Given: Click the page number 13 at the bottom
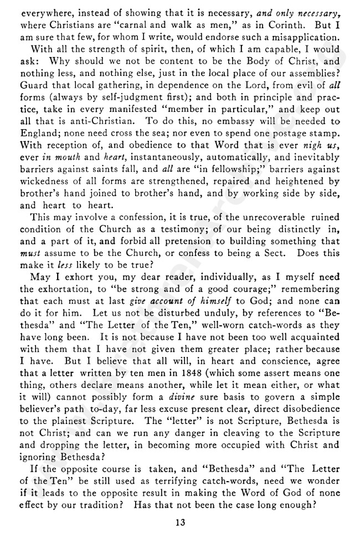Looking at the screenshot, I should tap(179, 523).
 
